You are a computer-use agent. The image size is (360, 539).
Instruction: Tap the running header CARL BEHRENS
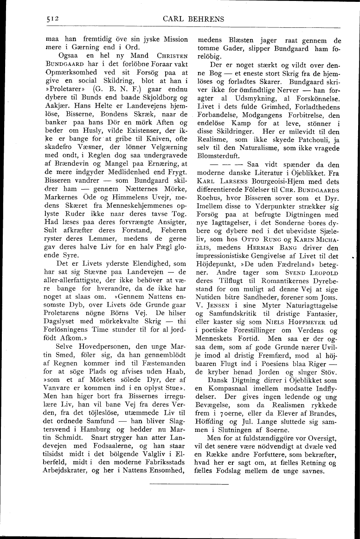(x=193, y=19)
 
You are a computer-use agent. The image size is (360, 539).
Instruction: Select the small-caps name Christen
(x=172, y=56)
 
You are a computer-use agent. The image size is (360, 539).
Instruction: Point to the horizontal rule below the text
(x=189, y=484)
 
